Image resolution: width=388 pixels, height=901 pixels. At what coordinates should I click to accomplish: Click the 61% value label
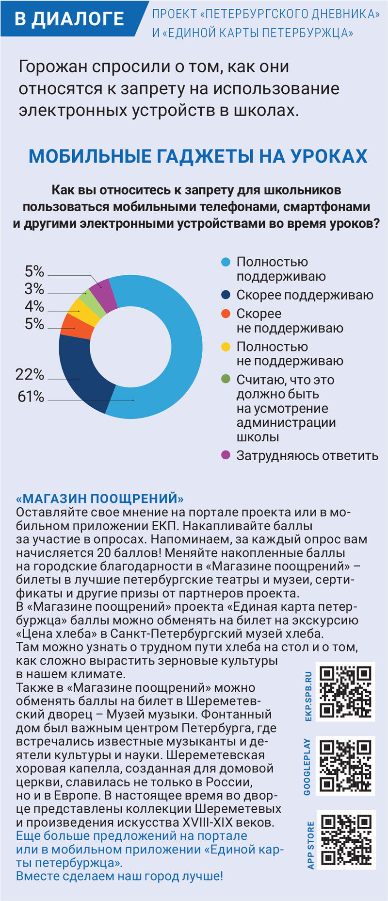coord(31,397)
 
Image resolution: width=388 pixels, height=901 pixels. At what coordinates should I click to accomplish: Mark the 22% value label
coord(30,374)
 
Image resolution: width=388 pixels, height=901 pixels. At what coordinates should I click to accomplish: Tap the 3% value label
coord(34,289)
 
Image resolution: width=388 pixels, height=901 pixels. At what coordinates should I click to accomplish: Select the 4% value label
coord(34,306)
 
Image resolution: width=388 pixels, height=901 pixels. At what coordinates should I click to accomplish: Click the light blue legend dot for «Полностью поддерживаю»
coord(226,262)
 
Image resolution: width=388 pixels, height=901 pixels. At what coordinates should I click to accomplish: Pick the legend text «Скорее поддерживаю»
coord(305,295)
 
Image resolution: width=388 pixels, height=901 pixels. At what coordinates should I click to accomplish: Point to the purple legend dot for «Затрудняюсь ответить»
coord(226,455)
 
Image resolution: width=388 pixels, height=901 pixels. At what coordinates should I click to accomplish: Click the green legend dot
coord(226,379)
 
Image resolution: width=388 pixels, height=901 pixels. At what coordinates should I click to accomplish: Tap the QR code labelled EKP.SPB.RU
coord(345,691)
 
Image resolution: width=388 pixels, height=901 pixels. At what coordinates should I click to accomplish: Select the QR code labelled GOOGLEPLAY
coord(345,766)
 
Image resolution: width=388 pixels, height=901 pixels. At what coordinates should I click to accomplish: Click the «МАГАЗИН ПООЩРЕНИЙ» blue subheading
coord(100,499)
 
